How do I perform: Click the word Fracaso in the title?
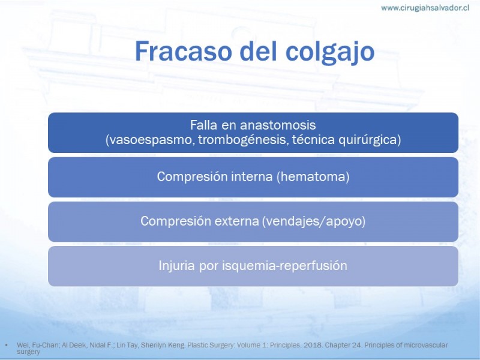pos(183,51)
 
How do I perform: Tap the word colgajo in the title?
pos(329,52)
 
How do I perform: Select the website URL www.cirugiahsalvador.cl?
pos(425,8)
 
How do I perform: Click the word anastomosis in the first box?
pos(278,125)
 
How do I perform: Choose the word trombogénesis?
pos(243,140)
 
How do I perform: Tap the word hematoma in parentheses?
pos(313,176)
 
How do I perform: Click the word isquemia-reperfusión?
pos(284,266)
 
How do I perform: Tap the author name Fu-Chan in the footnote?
pos(43,345)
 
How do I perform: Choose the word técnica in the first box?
pos(313,140)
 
